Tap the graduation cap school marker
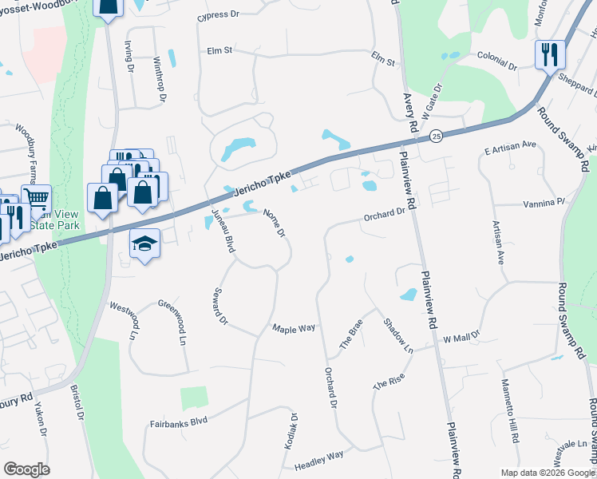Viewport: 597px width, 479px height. (x=144, y=242)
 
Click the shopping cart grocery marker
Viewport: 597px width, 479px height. (x=36, y=199)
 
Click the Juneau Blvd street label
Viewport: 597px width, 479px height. (x=223, y=230)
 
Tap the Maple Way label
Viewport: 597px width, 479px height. (x=294, y=328)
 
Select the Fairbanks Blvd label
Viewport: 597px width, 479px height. (x=179, y=420)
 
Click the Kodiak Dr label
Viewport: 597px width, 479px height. (x=293, y=430)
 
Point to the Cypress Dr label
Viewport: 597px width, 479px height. (x=218, y=14)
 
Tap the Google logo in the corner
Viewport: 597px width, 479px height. (x=26, y=469)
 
